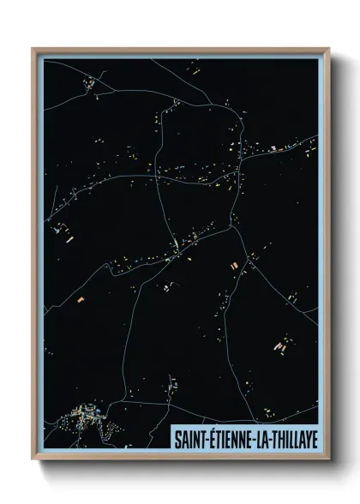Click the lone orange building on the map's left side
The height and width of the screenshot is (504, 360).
click(81, 298)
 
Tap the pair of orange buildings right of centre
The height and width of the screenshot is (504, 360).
click(234, 267)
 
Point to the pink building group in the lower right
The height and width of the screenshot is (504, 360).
click(279, 347)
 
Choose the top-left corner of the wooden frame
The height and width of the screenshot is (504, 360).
click(33, 49)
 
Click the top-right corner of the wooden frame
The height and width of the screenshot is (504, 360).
click(328, 49)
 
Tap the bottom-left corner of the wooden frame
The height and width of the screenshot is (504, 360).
click(33, 459)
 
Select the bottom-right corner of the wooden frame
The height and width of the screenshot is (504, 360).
click(328, 459)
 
